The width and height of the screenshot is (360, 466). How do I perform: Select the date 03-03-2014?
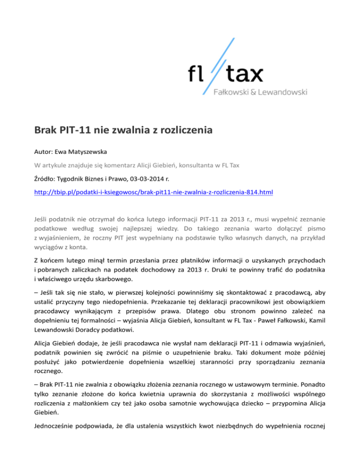click(x=152, y=178)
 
